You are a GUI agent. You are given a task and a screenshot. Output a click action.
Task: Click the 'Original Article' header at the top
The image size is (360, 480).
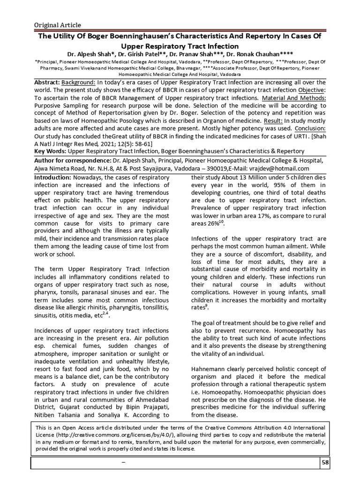coord(57,25)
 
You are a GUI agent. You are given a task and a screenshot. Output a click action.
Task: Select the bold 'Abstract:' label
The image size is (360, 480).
coord(50,82)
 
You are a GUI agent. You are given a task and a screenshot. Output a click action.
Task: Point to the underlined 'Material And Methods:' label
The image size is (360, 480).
coord(294,98)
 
